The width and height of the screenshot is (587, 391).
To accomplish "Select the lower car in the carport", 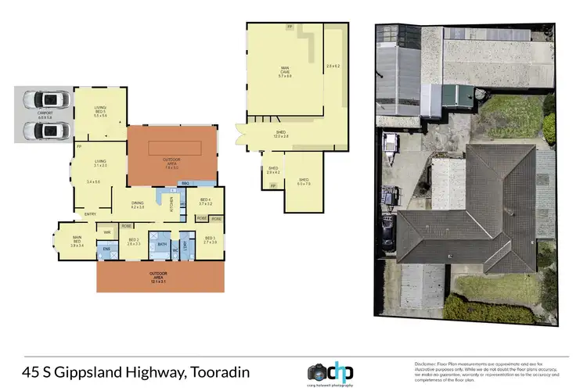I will [x=45, y=127].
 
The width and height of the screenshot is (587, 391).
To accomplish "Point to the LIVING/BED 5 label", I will [x=99, y=109].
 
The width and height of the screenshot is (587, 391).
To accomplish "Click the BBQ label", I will [x=186, y=183].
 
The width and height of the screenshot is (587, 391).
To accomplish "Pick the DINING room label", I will [x=138, y=205].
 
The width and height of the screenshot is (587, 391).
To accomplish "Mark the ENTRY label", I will [x=90, y=214].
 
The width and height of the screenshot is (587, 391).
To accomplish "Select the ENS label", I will [x=107, y=250].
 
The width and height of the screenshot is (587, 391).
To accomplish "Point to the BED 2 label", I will [x=134, y=241].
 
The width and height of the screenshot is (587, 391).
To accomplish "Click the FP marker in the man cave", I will [x=289, y=27].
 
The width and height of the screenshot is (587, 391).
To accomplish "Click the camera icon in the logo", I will [x=318, y=371].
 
